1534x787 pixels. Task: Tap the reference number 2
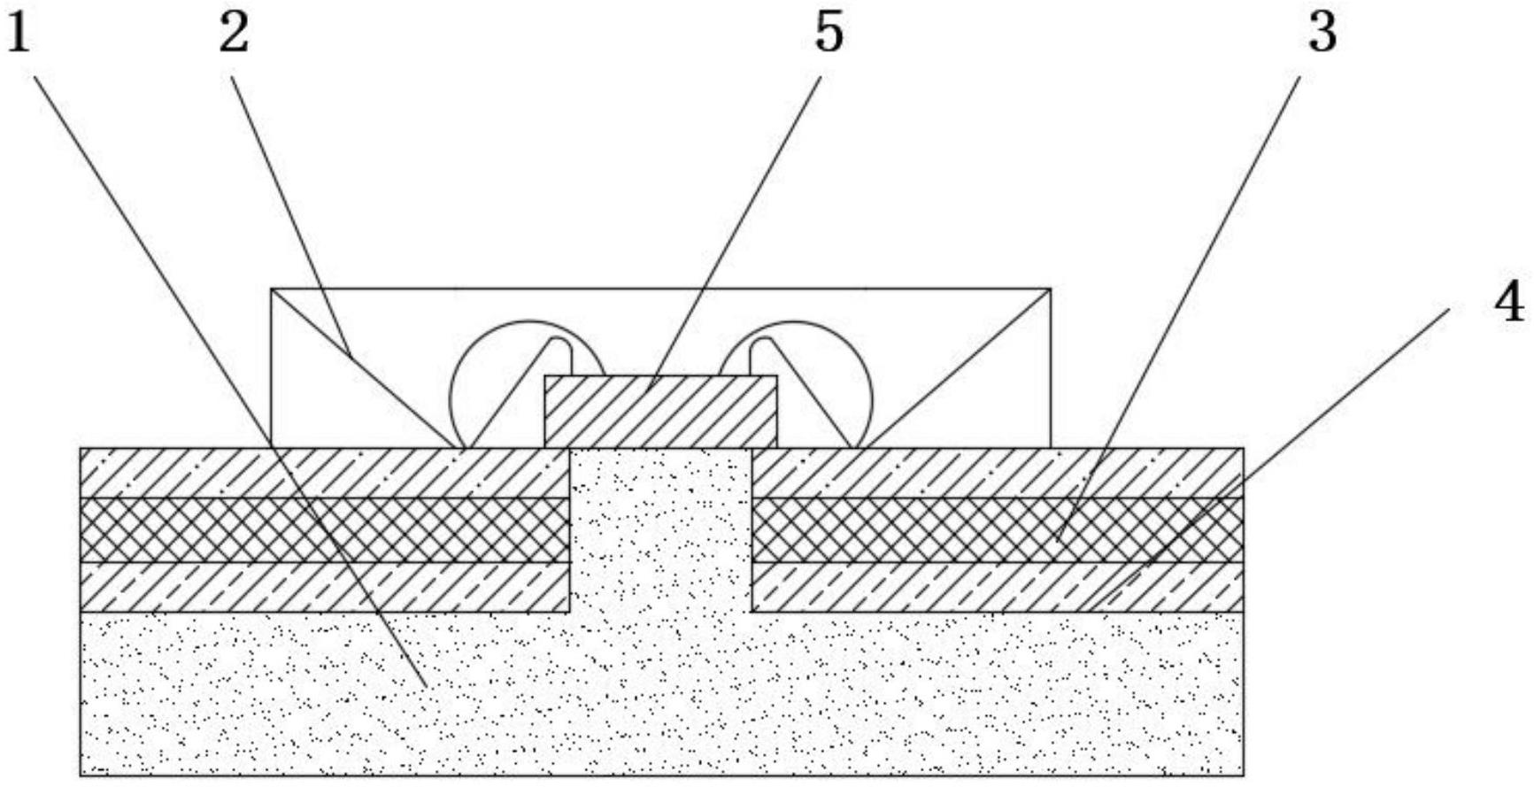pyautogui.click(x=234, y=34)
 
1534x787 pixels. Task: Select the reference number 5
pyautogui.click(x=829, y=34)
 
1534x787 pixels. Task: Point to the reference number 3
pyautogui.click(x=1322, y=34)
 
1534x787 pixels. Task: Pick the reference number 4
pyautogui.click(x=1509, y=303)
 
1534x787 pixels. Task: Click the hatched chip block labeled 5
pyautogui.click(x=660, y=412)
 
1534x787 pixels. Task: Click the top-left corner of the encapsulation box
pyautogui.click(x=271, y=289)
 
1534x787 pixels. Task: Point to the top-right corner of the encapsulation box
pyautogui.click(x=1050, y=289)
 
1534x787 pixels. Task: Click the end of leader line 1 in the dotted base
pyautogui.click(x=427, y=686)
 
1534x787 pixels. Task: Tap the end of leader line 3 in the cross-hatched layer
pyautogui.click(x=1056, y=538)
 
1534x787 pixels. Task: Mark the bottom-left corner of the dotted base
pyautogui.click(x=81, y=775)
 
